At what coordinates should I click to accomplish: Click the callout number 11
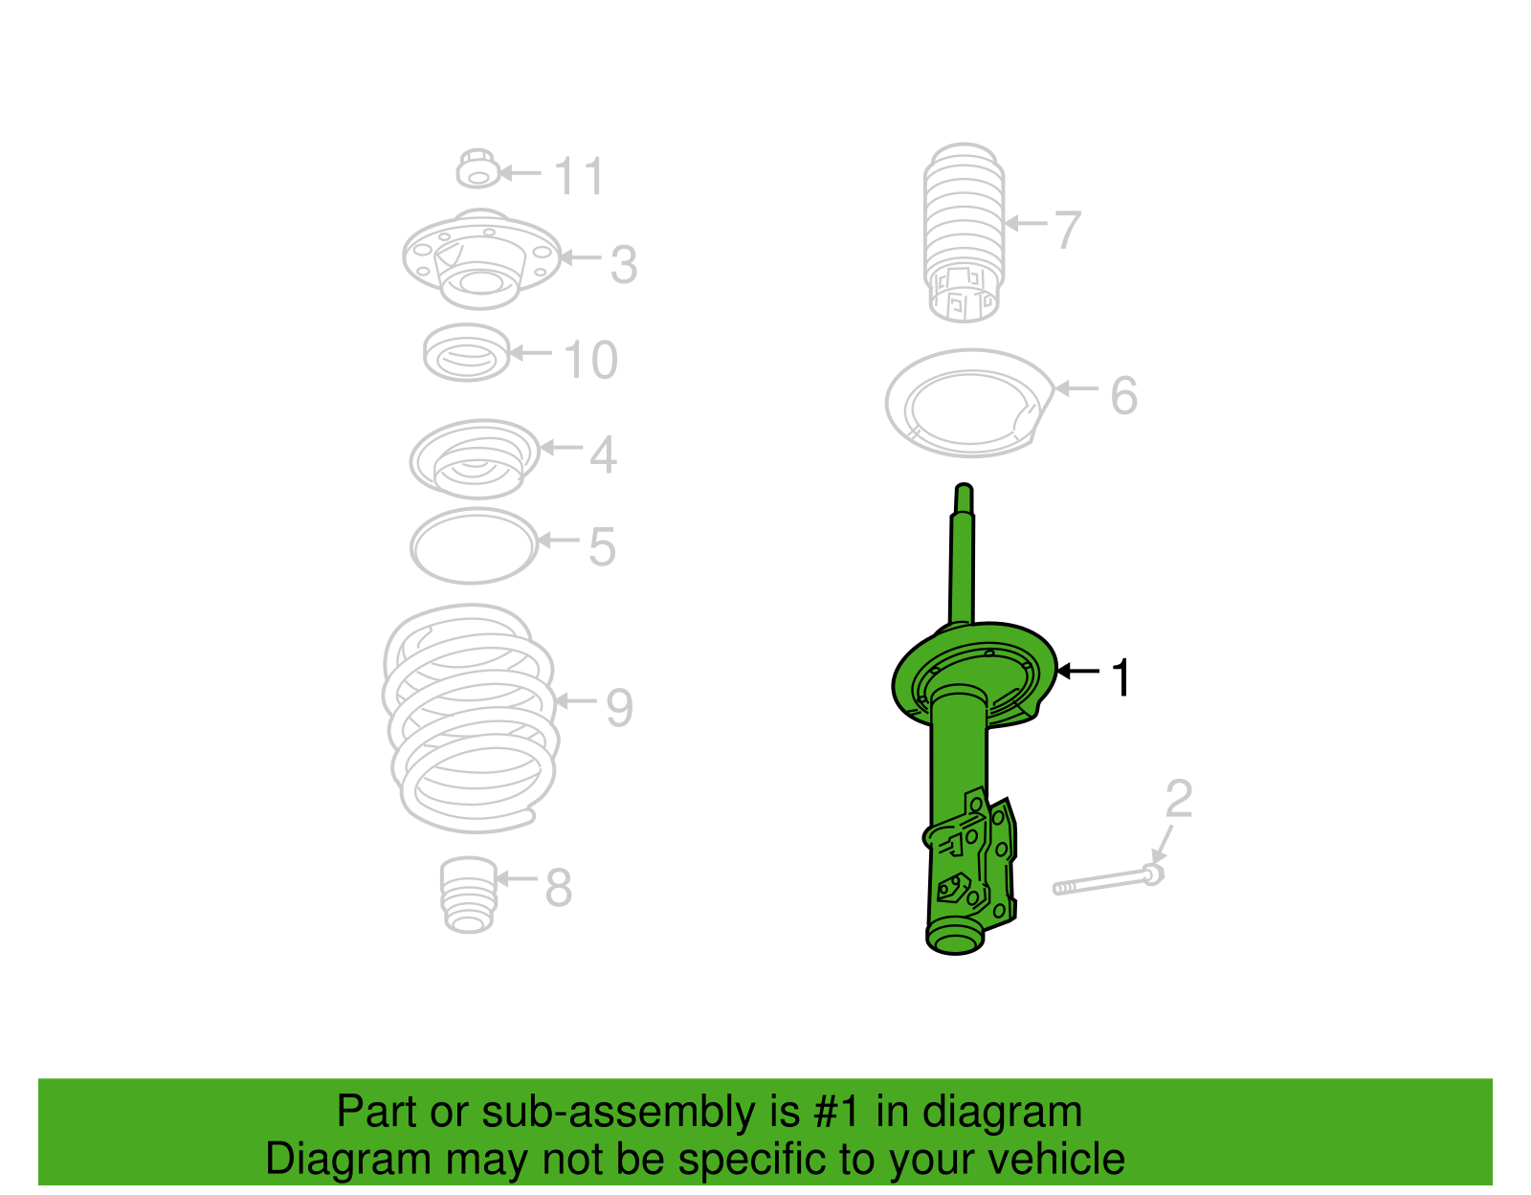click(579, 176)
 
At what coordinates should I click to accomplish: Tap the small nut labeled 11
click(477, 168)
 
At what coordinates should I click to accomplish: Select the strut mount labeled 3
click(482, 258)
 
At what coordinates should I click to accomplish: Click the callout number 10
click(590, 360)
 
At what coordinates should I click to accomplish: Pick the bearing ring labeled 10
click(466, 353)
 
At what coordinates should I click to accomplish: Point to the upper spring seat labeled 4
click(475, 459)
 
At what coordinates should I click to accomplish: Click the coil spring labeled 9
click(471, 719)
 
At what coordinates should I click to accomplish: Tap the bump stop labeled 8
click(469, 895)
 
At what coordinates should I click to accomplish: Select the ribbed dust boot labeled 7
click(964, 232)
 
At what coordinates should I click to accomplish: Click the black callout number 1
click(1121, 677)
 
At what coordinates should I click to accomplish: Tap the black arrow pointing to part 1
click(1078, 671)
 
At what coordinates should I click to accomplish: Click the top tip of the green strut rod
click(964, 485)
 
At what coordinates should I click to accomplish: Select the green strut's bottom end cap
click(955, 941)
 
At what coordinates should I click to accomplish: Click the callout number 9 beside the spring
click(619, 708)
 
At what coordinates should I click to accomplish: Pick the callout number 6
click(1123, 395)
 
